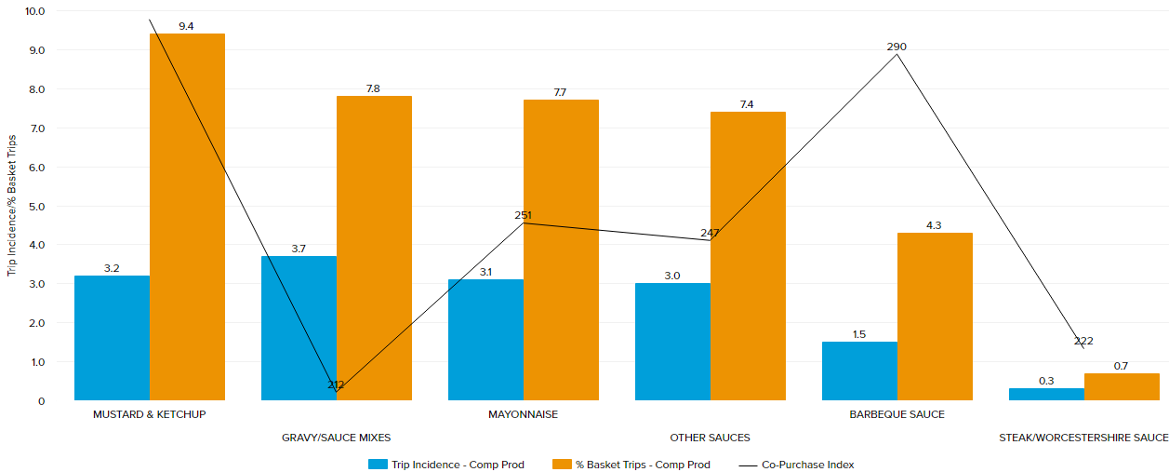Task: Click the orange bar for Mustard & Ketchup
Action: [x=187, y=217]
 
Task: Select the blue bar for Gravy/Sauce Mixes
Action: [x=299, y=328]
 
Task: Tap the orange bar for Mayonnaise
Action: [x=561, y=249]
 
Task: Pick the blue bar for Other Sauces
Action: [x=672, y=342]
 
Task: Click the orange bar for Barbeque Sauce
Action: [x=935, y=317]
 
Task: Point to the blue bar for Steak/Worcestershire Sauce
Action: [x=1046, y=395]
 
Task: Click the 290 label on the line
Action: [x=897, y=47]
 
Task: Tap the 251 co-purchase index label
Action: [x=523, y=216]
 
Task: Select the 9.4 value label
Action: [x=186, y=26]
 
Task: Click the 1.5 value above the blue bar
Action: [x=858, y=334]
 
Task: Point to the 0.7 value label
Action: [x=1121, y=366]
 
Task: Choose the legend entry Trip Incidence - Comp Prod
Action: [x=446, y=465]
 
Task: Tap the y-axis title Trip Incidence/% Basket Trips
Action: [x=12, y=205]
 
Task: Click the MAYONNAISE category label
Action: [x=523, y=414]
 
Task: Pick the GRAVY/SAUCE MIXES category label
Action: [x=336, y=438]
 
